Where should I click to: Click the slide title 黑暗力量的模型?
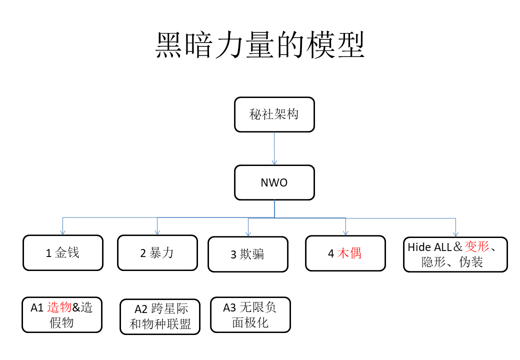tap(260, 45)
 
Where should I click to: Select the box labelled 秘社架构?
tap(274, 114)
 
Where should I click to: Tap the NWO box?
tap(274, 182)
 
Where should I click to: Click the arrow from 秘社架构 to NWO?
tap(274, 148)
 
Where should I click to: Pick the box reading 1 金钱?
tap(63, 253)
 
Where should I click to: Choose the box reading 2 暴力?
tap(157, 253)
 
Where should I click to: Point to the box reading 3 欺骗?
tap(248, 254)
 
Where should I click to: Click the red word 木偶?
tap(349, 253)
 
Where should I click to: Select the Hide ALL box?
tap(455, 254)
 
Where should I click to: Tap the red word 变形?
tap(477, 246)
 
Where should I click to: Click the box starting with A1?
tap(62, 314)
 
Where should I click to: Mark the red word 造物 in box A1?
tap(59, 307)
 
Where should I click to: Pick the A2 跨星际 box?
tap(160, 316)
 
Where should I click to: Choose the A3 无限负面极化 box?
tap(250, 314)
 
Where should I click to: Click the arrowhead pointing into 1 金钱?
tap(62, 232)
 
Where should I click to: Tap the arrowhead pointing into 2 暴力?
tap(157, 232)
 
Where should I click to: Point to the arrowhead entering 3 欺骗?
tap(248, 234)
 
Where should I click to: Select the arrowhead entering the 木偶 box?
tap(345, 233)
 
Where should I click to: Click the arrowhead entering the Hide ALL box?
tap(455, 234)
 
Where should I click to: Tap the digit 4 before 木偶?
tap(331, 254)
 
